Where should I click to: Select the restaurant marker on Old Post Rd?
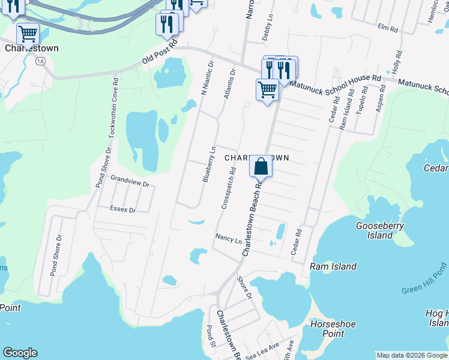[x=166, y=23]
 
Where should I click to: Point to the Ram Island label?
[x=333, y=266]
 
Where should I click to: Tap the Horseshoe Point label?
[x=333, y=329]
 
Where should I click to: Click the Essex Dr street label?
[x=122, y=209]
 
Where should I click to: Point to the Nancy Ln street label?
[x=228, y=239]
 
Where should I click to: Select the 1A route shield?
[x=40, y=61]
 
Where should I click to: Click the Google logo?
[x=20, y=353]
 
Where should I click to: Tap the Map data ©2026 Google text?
[x=411, y=355]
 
